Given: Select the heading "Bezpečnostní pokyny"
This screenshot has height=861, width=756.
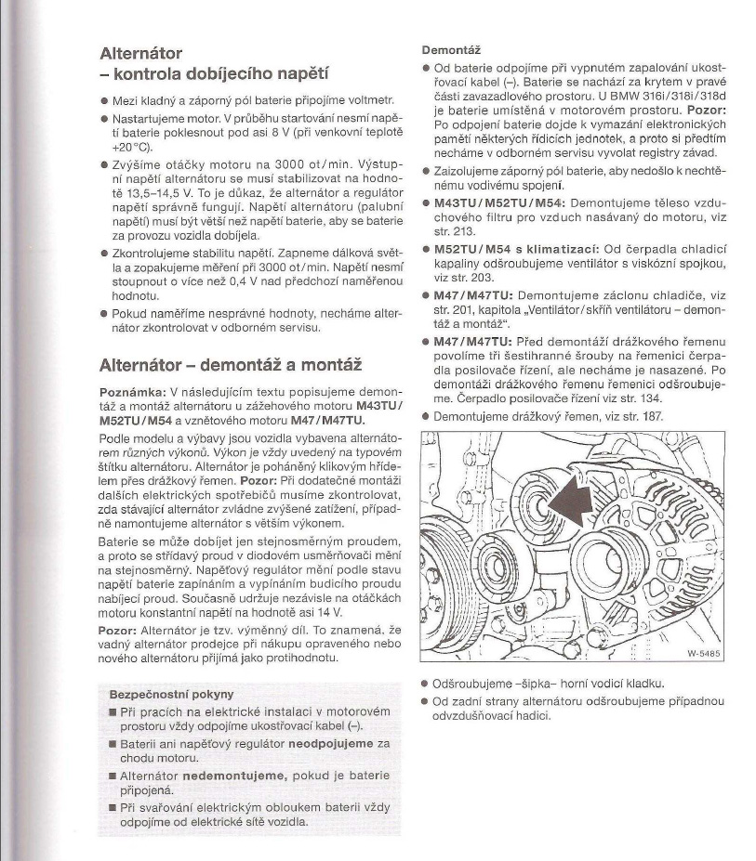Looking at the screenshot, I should [171, 694].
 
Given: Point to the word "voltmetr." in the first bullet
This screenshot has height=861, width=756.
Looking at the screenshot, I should [368, 99].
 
